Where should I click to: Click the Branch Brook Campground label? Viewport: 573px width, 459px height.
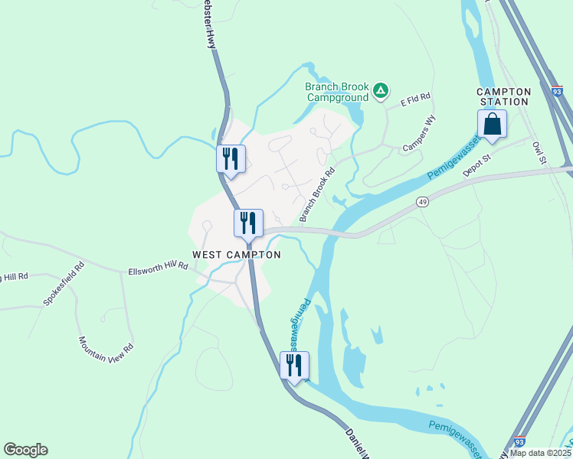[x=337, y=92]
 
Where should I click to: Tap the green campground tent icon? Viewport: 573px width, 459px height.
[x=381, y=93]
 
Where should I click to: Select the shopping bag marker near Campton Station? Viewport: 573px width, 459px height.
[x=492, y=124]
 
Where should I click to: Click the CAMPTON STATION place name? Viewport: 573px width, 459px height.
[x=504, y=96]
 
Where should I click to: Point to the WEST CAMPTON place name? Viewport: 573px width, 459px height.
[x=236, y=255]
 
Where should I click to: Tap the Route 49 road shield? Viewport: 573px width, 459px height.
[x=422, y=201]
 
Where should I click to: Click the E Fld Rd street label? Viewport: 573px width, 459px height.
[x=415, y=98]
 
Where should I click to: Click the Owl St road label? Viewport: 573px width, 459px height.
[x=539, y=151]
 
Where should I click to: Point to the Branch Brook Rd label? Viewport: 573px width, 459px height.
[x=318, y=195]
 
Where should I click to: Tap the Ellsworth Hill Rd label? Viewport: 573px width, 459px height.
[x=158, y=269]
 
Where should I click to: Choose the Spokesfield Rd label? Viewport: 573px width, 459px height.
[x=63, y=285]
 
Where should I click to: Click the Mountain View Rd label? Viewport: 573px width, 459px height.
[x=106, y=349]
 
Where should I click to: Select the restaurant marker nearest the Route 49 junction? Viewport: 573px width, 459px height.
[x=248, y=223]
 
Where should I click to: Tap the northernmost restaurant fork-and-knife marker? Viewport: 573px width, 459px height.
[x=231, y=159]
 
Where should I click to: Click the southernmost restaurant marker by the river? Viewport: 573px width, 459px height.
[x=294, y=366]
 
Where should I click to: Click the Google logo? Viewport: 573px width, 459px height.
[x=25, y=450]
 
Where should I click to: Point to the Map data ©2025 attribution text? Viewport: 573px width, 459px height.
[x=540, y=453]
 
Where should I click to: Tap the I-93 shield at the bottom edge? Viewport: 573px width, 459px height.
[x=519, y=442]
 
